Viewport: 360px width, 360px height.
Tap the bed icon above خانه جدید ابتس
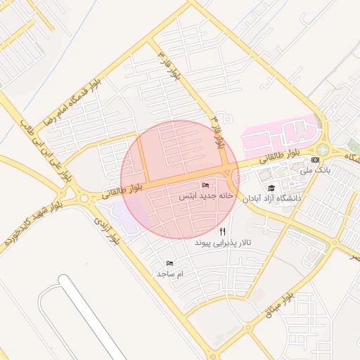pyautogui.click(x=205, y=185)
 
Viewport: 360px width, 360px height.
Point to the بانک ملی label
pyautogui.click(x=314, y=170)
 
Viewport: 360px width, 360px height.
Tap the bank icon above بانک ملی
pyautogui.click(x=315, y=160)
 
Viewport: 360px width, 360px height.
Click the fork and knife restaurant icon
pyautogui.click(x=223, y=231)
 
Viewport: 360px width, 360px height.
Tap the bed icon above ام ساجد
pyautogui.click(x=169, y=262)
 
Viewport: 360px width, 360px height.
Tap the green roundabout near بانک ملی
pyautogui.click(x=323, y=149)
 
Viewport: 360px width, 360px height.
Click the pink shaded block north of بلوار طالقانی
pyautogui.click(x=278, y=134)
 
